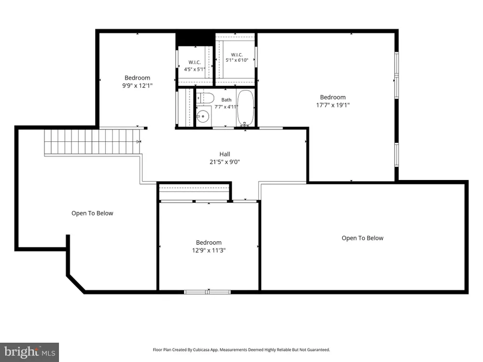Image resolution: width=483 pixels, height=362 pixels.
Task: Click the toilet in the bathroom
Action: [205, 98]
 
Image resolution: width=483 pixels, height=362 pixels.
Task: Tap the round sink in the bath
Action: [203, 116]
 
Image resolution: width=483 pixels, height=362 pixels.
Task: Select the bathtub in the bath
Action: [245, 108]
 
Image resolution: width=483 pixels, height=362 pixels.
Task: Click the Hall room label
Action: [225, 154]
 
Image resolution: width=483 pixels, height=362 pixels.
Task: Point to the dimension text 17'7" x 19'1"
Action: [333, 105]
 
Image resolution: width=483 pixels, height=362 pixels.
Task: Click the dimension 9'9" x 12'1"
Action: [137, 85]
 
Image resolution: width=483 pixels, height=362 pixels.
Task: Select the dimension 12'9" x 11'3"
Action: [209, 250]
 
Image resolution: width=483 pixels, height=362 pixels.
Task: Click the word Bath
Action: [227, 100]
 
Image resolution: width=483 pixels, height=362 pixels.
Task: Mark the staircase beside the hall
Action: [92, 141]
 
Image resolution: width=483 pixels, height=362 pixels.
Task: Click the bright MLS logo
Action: [29, 352]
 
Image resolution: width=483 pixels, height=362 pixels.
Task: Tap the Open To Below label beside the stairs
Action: [92, 213]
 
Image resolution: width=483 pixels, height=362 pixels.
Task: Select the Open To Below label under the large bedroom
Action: [363, 238]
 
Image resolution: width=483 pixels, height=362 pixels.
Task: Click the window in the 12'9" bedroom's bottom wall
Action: [207, 292]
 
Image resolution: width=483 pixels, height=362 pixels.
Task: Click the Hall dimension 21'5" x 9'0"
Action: [225, 162]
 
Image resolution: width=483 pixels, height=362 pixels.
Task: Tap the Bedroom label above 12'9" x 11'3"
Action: [209, 243]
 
